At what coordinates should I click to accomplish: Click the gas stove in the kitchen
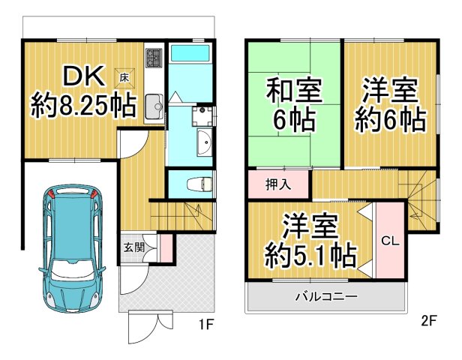tap(154, 58)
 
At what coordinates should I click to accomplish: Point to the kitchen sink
tap(153, 104)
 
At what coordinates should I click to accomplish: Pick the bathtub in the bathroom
tap(190, 53)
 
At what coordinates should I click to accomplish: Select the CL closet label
tap(388, 241)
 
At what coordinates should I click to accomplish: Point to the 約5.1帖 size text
tap(310, 255)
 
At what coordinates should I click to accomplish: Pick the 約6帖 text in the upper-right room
tap(388, 118)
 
